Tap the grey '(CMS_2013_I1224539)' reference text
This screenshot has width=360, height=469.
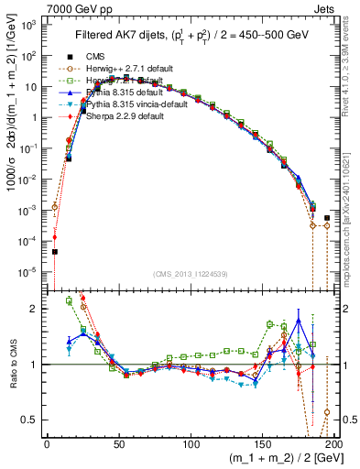coord(191,273)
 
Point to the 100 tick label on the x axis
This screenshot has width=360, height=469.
coord(191,441)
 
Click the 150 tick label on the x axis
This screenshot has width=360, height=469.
coord(262,441)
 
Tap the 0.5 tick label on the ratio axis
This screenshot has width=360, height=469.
coord(30,420)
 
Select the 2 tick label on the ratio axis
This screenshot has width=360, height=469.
coord(36,309)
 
